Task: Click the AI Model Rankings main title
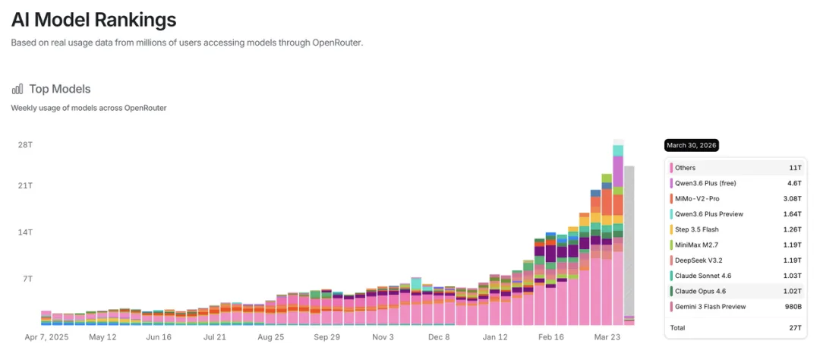pos(93,19)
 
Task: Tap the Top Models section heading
pos(60,89)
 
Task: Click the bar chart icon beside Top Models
pos(17,89)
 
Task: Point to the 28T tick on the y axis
pos(25,144)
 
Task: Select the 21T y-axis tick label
pos(25,186)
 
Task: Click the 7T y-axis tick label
pos(27,279)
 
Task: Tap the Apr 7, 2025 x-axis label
pos(46,336)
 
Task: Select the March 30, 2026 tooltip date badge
pos(691,145)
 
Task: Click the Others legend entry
pos(685,168)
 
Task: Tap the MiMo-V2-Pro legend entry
pos(697,199)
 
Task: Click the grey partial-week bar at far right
pos(629,243)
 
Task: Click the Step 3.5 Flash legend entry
pos(696,229)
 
